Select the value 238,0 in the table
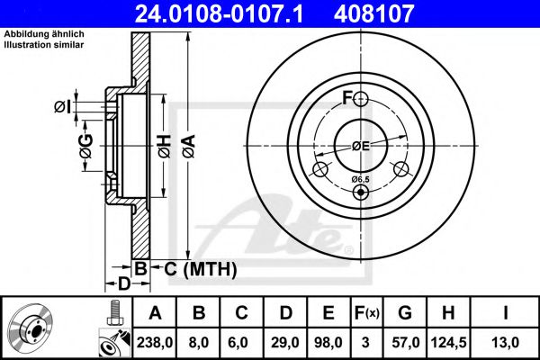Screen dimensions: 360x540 pyautogui.click(x=155, y=340)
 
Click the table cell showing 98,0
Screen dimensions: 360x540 pyautogui.click(x=328, y=340)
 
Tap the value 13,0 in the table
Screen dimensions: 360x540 pyautogui.click(x=506, y=340)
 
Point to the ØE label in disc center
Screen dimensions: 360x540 pyautogui.click(x=361, y=145)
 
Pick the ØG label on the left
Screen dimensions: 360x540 pyautogui.click(x=86, y=147)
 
